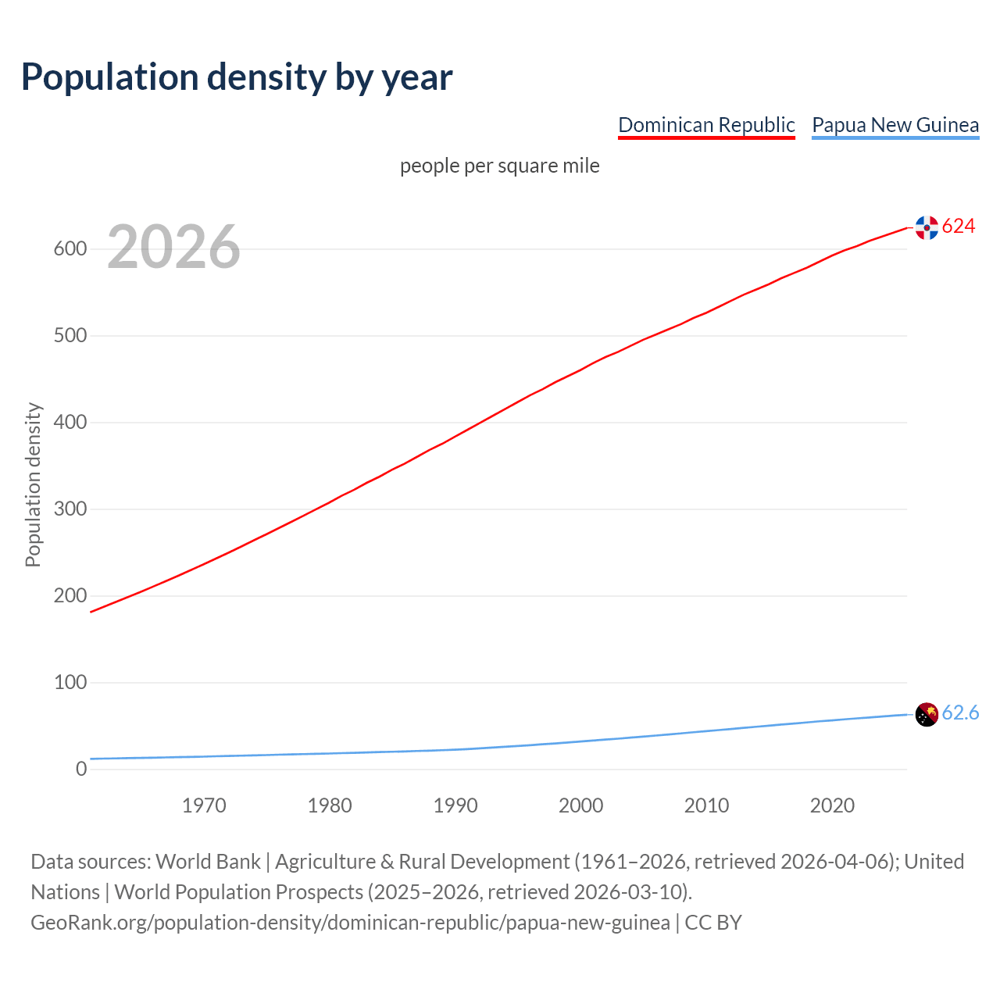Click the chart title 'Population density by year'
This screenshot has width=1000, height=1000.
point(237,77)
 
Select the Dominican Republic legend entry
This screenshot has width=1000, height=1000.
point(706,125)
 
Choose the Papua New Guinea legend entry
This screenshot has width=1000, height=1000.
point(895,125)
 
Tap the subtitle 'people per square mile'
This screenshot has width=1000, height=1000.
point(500,166)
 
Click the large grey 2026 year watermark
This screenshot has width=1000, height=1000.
point(173,247)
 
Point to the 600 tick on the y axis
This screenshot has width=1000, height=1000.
point(70,249)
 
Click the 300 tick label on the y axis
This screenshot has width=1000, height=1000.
point(70,509)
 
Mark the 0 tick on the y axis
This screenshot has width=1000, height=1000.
point(81,770)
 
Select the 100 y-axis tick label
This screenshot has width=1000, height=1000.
point(70,683)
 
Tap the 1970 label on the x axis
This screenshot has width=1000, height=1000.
point(204,805)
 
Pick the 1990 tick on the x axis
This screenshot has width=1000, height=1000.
point(455,805)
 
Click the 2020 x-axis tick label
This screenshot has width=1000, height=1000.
point(832,805)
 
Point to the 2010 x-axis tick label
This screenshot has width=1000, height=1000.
point(706,805)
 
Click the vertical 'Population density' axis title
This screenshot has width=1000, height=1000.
point(33,484)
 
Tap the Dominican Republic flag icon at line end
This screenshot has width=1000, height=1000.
point(927,227)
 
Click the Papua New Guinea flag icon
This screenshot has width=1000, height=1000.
point(927,714)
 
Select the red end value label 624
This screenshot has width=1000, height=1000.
point(959,227)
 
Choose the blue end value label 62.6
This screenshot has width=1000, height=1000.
point(960,713)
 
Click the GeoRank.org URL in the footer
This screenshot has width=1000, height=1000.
point(350,923)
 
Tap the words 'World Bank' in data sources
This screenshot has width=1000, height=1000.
point(208,862)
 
